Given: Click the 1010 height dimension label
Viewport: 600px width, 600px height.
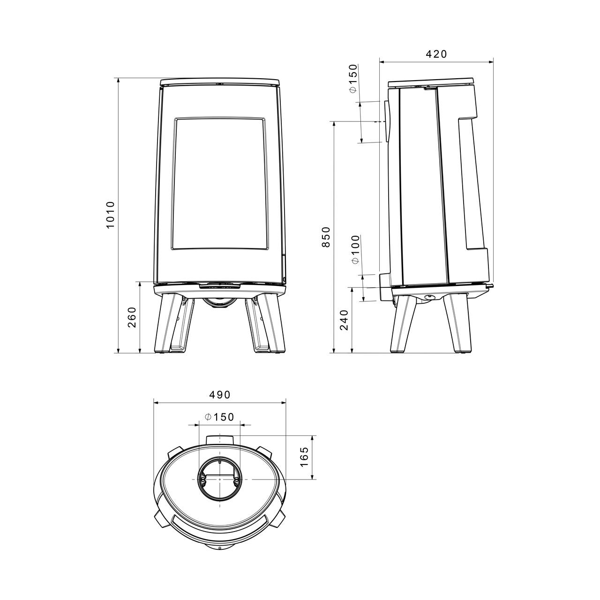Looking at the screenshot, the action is tap(110, 215).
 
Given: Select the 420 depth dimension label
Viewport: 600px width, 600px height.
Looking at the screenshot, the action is tap(436, 54).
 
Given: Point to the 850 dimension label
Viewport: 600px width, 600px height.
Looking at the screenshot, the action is tap(325, 237).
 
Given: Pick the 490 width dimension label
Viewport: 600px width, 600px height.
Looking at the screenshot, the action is tap(219, 395).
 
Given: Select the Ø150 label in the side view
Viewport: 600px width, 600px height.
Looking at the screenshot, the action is tap(353, 78).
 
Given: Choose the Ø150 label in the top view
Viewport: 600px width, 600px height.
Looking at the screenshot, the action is tap(219, 417).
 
